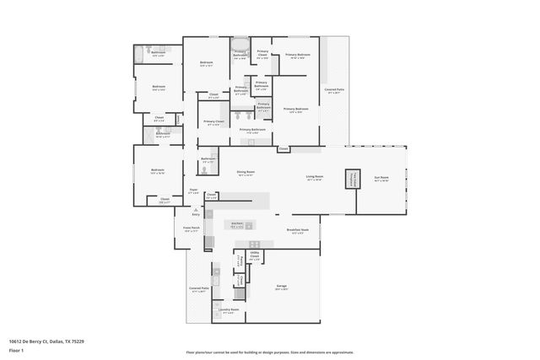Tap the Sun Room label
(381, 179)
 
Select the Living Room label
(315, 178)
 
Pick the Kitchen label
(239, 225)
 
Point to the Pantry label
(240, 260)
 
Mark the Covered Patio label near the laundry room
(199, 289)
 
